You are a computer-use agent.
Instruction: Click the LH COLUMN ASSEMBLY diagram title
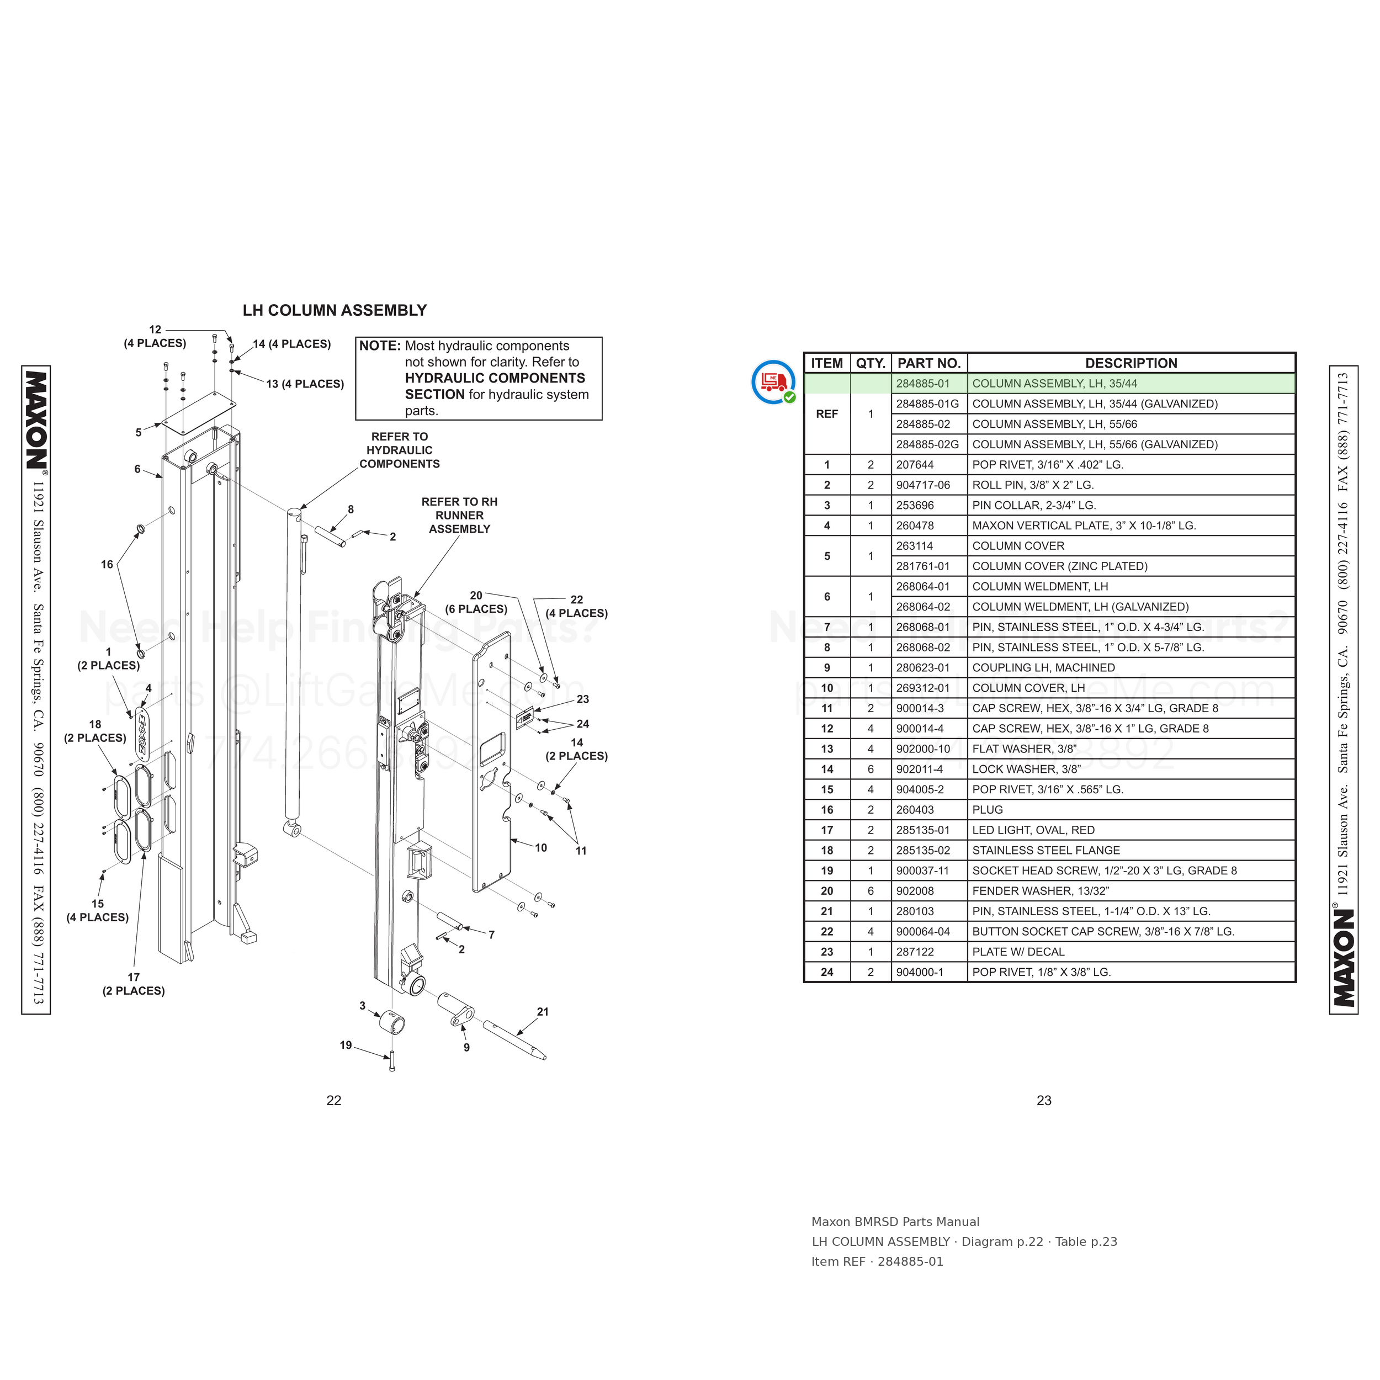(335, 311)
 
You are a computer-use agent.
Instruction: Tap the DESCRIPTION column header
(1130, 363)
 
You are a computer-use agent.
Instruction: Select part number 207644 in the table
(915, 464)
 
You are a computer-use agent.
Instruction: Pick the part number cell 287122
(915, 952)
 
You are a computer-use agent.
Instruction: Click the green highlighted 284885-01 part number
(923, 384)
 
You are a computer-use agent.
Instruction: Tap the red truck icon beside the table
(773, 382)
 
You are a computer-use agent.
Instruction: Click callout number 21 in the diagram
(543, 1011)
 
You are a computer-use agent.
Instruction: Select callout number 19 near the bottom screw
(346, 1045)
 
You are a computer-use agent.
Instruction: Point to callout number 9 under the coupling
(466, 1047)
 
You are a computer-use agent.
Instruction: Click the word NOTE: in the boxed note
(379, 346)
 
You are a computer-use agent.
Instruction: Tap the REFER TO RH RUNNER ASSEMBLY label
(459, 515)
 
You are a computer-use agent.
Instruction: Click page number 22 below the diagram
(333, 1101)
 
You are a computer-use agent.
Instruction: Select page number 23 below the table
(1044, 1101)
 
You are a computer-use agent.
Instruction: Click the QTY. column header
(871, 363)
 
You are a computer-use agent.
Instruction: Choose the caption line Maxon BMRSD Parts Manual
(895, 1222)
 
